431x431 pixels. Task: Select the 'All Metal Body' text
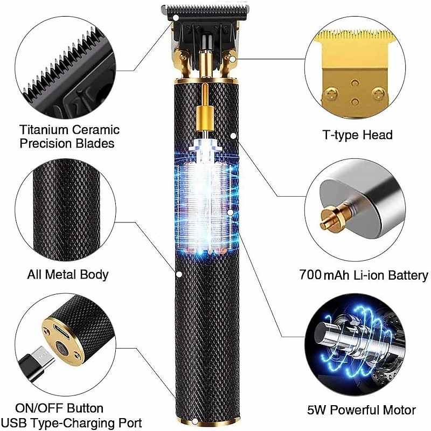(x=68, y=274)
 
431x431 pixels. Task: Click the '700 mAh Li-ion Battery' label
(x=364, y=276)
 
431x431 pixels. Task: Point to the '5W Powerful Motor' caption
(x=362, y=409)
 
